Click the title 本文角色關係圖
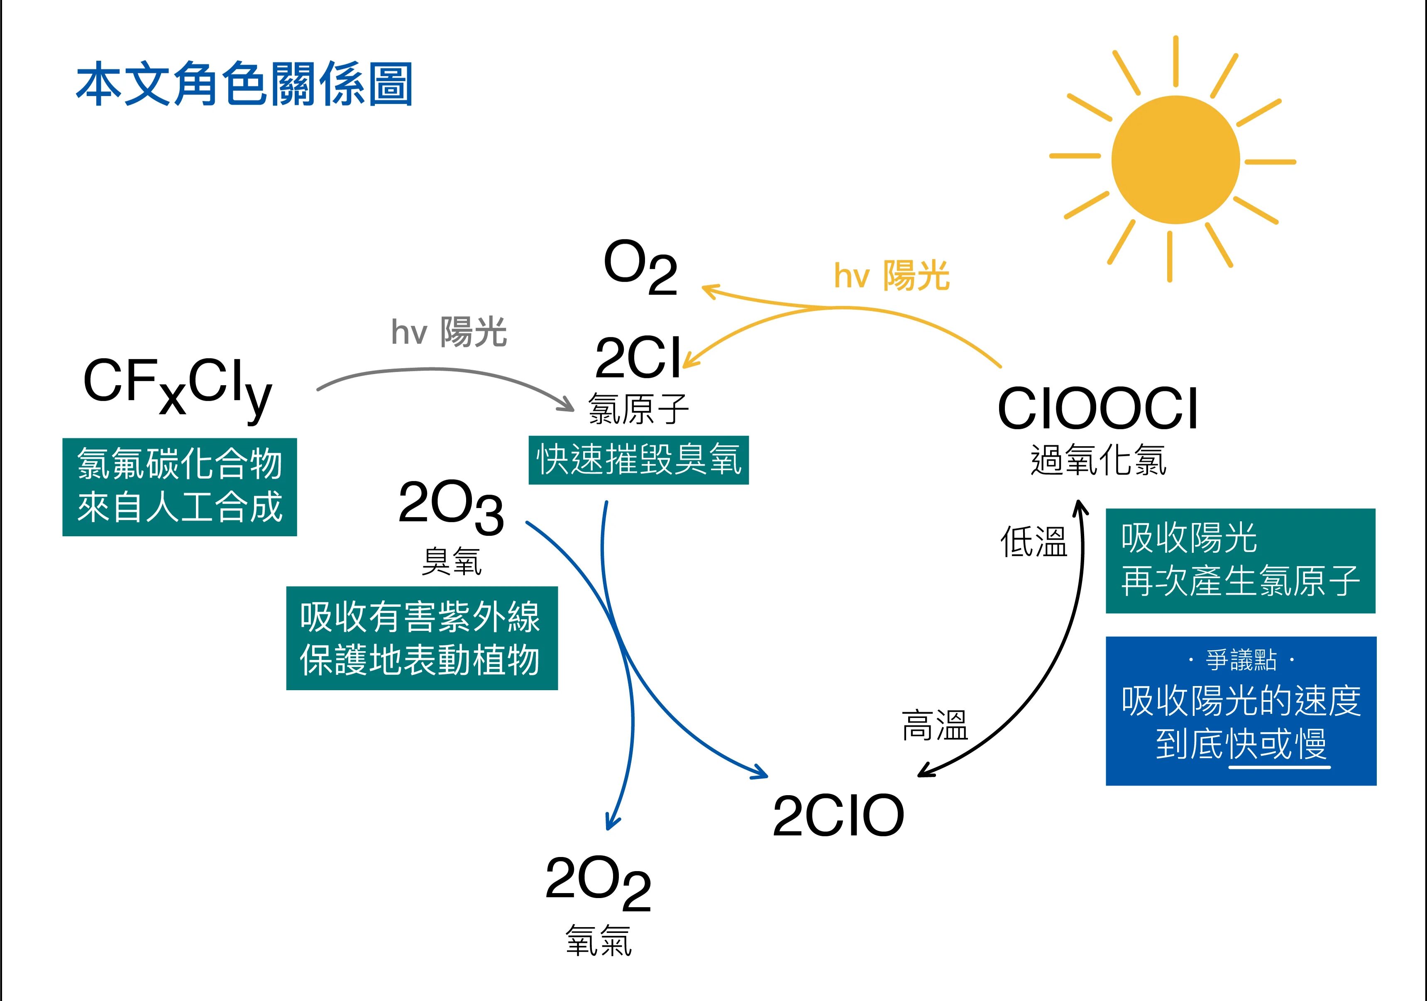tap(244, 84)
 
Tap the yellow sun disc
tap(1175, 160)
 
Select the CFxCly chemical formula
tap(178, 385)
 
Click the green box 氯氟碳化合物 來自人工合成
tap(180, 486)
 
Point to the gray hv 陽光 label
tap(449, 332)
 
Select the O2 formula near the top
tap(640, 267)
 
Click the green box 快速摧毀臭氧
tap(638, 460)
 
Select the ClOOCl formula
tap(1097, 409)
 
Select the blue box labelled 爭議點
tap(1241, 711)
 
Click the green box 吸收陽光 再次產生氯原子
tap(1240, 560)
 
